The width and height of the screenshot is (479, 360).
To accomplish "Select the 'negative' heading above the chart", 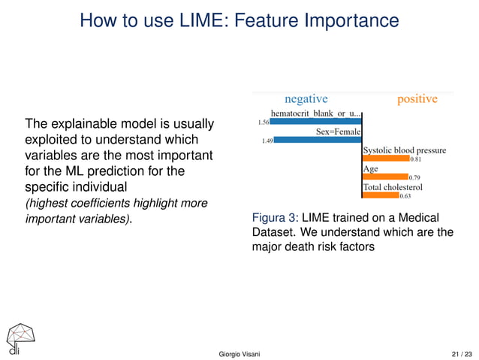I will (x=306, y=98).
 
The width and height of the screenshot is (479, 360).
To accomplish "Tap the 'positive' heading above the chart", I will (x=417, y=98).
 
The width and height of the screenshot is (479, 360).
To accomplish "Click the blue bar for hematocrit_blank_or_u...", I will (x=315, y=122).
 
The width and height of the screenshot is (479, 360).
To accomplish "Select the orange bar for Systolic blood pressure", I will (x=385, y=159).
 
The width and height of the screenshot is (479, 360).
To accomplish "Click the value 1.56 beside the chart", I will (x=263, y=122).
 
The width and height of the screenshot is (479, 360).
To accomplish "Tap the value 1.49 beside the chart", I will (x=267, y=141).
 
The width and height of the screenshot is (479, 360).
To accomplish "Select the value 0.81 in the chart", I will (x=415, y=159).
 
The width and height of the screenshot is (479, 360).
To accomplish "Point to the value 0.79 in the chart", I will (x=414, y=177).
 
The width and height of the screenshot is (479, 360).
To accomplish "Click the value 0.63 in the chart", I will (x=405, y=196).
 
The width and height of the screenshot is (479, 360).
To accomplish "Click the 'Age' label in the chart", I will (x=370, y=169).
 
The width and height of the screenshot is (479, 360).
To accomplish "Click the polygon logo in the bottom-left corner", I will (x=19, y=337).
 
